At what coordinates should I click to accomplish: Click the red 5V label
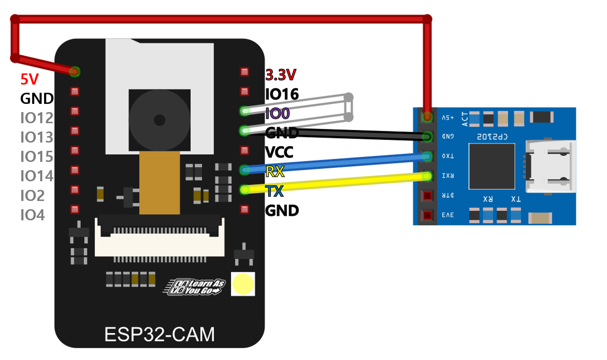[29, 79]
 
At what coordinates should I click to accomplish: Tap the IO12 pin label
[37, 118]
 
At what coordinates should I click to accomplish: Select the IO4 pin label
[32, 215]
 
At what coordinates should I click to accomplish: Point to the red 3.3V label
[281, 75]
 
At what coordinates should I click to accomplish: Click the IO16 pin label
[282, 94]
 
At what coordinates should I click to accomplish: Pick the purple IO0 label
[277, 114]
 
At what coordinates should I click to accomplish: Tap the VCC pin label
[279, 152]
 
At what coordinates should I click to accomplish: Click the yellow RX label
[275, 172]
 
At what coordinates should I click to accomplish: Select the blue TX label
[274, 191]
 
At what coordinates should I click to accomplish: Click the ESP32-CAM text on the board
[159, 334]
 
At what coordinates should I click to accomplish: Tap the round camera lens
[159, 120]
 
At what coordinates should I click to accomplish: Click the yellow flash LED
[243, 284]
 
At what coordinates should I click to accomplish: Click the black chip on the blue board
[492, 166]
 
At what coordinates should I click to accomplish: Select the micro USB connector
[550, 166]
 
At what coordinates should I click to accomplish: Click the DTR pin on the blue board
[427, 196]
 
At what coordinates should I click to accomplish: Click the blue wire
[337, 163]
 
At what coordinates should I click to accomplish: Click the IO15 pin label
[37, 157]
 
